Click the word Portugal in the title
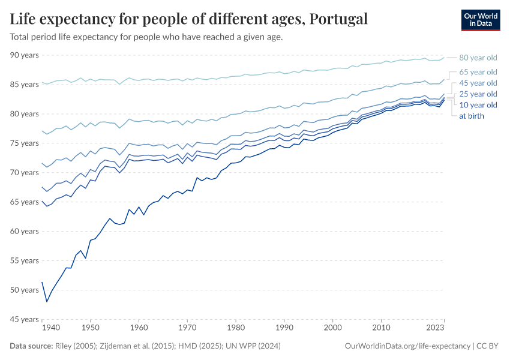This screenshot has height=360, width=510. point(337,19)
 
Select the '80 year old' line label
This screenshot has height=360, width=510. point(478,58)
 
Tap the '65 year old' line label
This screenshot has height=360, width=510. point(478,72)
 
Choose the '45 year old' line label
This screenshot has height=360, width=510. point(478,83)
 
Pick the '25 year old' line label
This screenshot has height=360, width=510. point(478,94)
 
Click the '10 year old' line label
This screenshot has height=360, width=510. point(478,105)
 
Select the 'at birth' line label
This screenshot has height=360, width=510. point(472,116)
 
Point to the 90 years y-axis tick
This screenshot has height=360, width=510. point(24,55)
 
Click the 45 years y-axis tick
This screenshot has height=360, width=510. point(24,320)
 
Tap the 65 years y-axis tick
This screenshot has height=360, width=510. point(24,202)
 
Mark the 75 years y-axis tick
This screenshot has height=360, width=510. point(24,143)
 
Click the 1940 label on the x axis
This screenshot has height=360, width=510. point(51,328)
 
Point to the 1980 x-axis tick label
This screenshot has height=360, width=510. point(236,328)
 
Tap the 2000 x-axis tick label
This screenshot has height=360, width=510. point(332,328)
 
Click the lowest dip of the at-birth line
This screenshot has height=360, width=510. point(47,301)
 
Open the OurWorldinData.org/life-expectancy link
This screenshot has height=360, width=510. point(408,346)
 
